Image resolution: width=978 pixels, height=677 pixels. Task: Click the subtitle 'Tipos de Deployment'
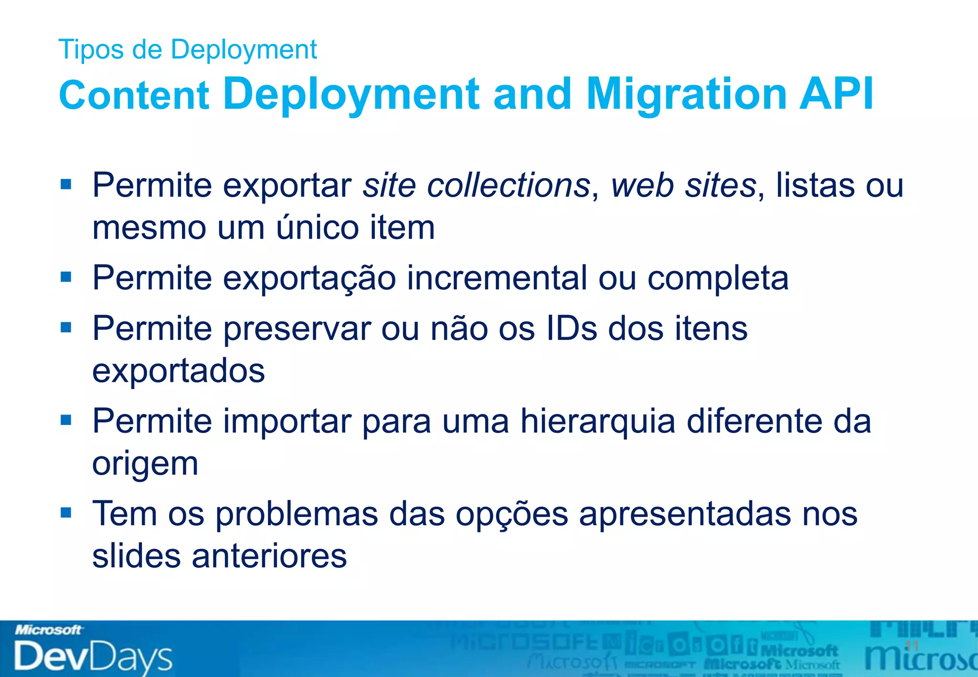pyautogui.click(x=187, y=50)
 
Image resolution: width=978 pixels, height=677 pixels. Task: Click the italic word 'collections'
pyautogui.click(x=509, y=185)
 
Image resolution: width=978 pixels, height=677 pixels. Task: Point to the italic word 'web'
pyautogui.click(x=643, y=185)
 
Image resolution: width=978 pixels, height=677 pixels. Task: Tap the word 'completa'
pyautogui.click(x=718, y=279)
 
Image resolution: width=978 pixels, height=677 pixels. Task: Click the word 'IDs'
pyautogui.click(x=572, y=328)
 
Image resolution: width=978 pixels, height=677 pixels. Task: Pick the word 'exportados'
pyautogui.click(x=179, y=371)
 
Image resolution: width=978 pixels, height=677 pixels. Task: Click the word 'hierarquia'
pyautogui.click(x=598, y=422)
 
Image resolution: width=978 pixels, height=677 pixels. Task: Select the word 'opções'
pyautogui.click(x=511, y=515)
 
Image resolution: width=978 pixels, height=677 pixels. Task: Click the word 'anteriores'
pyautogui.click(x=269, y=556)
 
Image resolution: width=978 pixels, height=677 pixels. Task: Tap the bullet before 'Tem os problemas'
pyautogui.click(x=66, y=513)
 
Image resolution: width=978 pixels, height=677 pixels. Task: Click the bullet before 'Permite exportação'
pyautogui.click(x=66, y=277)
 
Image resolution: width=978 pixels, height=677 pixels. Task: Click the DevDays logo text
pyautogui.click(x=93, y=656)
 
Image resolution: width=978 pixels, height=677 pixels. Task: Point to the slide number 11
pyautogui.click(x=912, y=646)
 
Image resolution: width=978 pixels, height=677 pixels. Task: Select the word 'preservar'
pyautogui.click(x=297, y=329)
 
